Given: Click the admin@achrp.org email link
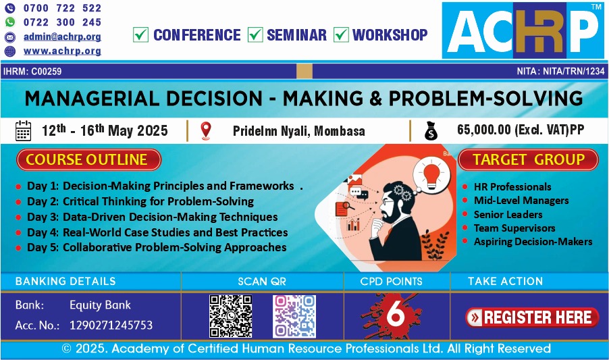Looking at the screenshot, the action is point(62,36).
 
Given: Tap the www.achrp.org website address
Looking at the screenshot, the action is point(62,51).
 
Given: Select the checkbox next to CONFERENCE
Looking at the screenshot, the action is point(140,34).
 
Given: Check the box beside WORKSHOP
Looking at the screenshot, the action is point(341,34).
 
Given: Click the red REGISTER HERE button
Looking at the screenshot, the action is point(532,317).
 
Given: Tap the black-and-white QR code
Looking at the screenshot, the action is point(231,316).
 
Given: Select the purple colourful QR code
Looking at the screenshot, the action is point(294,316).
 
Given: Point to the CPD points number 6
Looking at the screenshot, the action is point(396,313).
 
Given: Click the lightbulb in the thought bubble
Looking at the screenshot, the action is point(431,175).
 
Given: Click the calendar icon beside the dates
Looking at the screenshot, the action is point(23,130).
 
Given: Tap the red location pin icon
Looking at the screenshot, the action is point(206,130).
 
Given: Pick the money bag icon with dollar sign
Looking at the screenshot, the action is point(431,131).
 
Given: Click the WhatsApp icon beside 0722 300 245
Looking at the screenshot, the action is point(10,22).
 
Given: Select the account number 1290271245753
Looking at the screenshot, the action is point(111,325).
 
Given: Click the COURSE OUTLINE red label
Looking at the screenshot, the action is point(88,159).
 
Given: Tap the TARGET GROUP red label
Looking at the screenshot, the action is point(528,159).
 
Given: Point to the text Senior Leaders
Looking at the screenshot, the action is point(508,214).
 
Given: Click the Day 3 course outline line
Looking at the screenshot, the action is point(153,217).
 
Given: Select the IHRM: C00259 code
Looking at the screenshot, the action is point(32,72).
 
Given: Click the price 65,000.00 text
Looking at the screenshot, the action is point(484,130).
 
